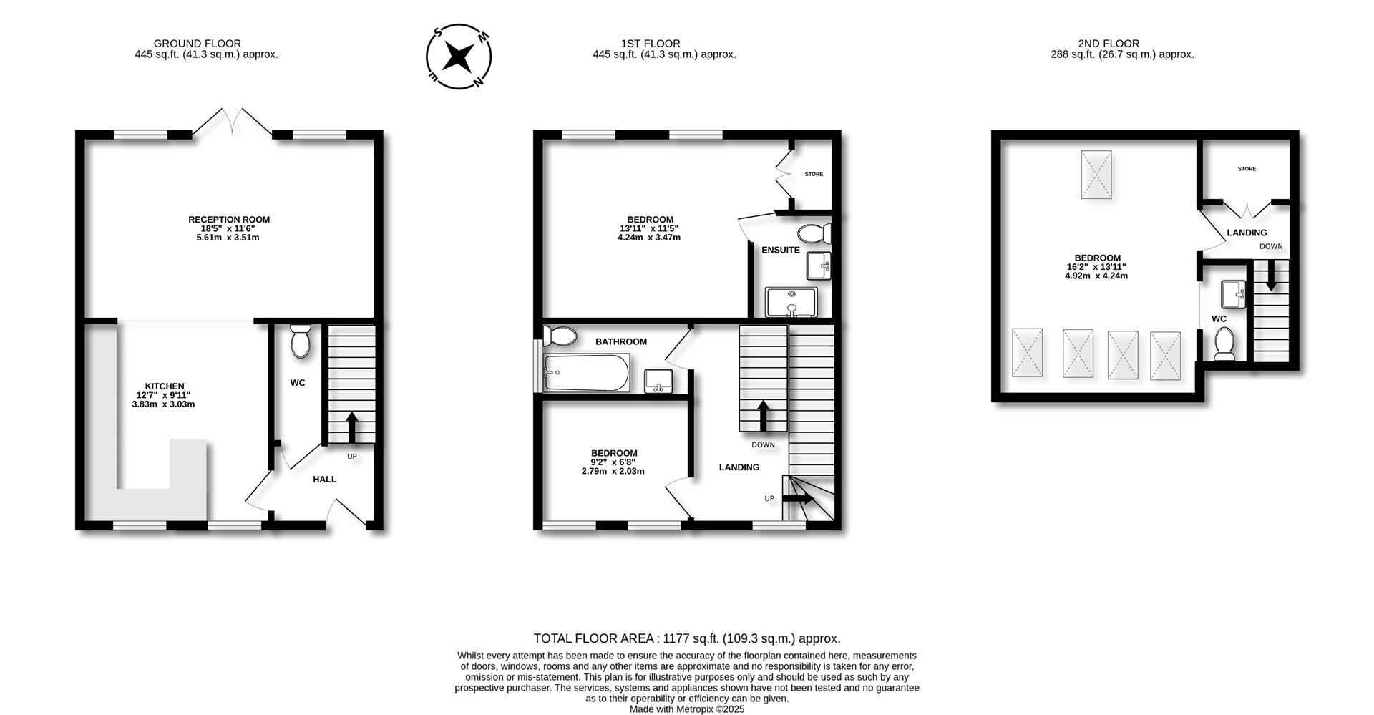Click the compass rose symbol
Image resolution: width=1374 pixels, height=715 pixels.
coord(459,57)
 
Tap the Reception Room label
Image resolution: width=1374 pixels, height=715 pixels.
coord(228,220)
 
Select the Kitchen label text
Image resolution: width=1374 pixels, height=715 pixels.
coord(165,386)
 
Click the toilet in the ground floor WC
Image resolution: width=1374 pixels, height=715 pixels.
coord(300,341)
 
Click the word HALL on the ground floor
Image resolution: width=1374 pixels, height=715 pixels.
coord(324,479)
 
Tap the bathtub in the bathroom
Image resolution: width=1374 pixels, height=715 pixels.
coord(585,373)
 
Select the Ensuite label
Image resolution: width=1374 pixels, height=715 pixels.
coord(780,250)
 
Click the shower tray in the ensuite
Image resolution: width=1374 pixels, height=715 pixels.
coord(791,302)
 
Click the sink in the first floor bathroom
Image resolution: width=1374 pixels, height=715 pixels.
coord(658,381)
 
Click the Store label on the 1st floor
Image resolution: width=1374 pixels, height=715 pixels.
coord(814,174)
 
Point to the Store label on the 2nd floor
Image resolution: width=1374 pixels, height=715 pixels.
coord(1247,169)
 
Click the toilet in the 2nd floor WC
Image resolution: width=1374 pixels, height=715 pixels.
coord(1224,344)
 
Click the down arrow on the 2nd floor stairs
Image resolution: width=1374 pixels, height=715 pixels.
coord(1271,276)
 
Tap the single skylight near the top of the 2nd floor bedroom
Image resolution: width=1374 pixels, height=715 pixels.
coord(1096,174)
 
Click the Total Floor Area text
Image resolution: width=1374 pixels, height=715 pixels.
coord(687,638)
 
